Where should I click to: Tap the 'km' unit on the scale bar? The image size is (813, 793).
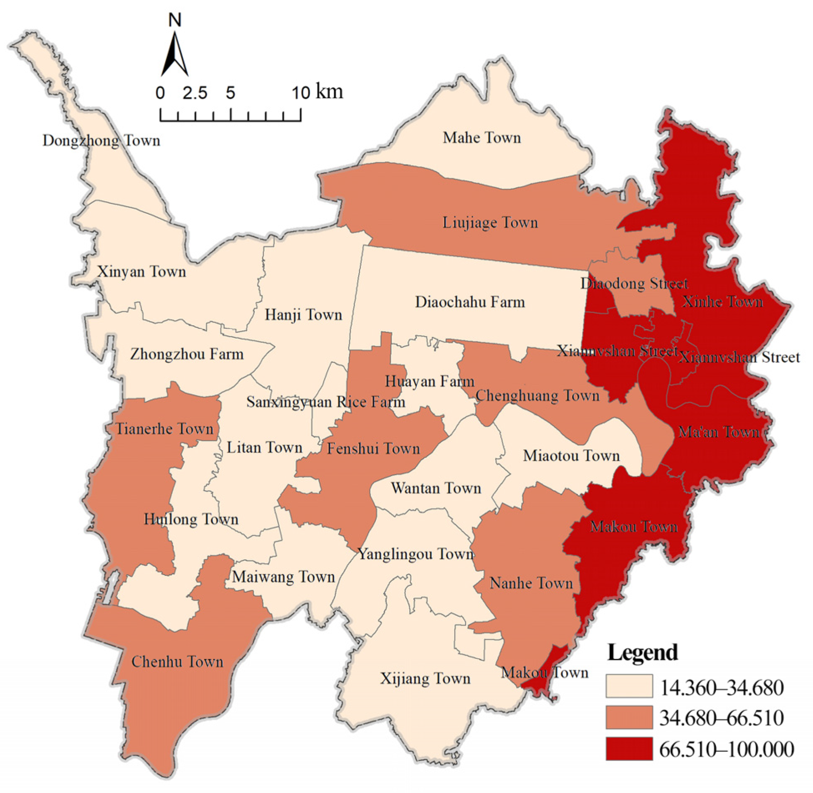[330, 91]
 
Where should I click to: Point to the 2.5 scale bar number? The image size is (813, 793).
[195, 93]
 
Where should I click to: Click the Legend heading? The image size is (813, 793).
[642, 652]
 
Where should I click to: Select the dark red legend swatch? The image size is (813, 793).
[629, 749]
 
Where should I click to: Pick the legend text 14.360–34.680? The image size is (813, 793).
[721, 688]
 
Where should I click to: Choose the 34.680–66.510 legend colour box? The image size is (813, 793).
[629, 717]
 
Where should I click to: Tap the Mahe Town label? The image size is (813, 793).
[482, 138]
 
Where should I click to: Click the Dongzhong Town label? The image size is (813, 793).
[101, 141]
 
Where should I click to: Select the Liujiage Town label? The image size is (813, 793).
[490, 223]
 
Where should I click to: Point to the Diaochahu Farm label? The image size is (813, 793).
[470, 302]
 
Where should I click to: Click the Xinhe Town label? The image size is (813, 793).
[722, 301]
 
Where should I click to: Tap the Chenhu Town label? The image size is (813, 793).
[177, 662]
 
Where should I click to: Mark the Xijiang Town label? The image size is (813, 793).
[425, 679]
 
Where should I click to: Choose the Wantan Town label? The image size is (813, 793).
[436, 488]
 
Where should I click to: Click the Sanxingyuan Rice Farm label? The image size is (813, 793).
[326, 402]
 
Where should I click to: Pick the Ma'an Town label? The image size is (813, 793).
[719, 432]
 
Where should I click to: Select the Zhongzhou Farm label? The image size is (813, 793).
[187, 355]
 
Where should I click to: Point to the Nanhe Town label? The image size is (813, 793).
[531, 583]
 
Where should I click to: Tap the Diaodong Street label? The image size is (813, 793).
[634, 284]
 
